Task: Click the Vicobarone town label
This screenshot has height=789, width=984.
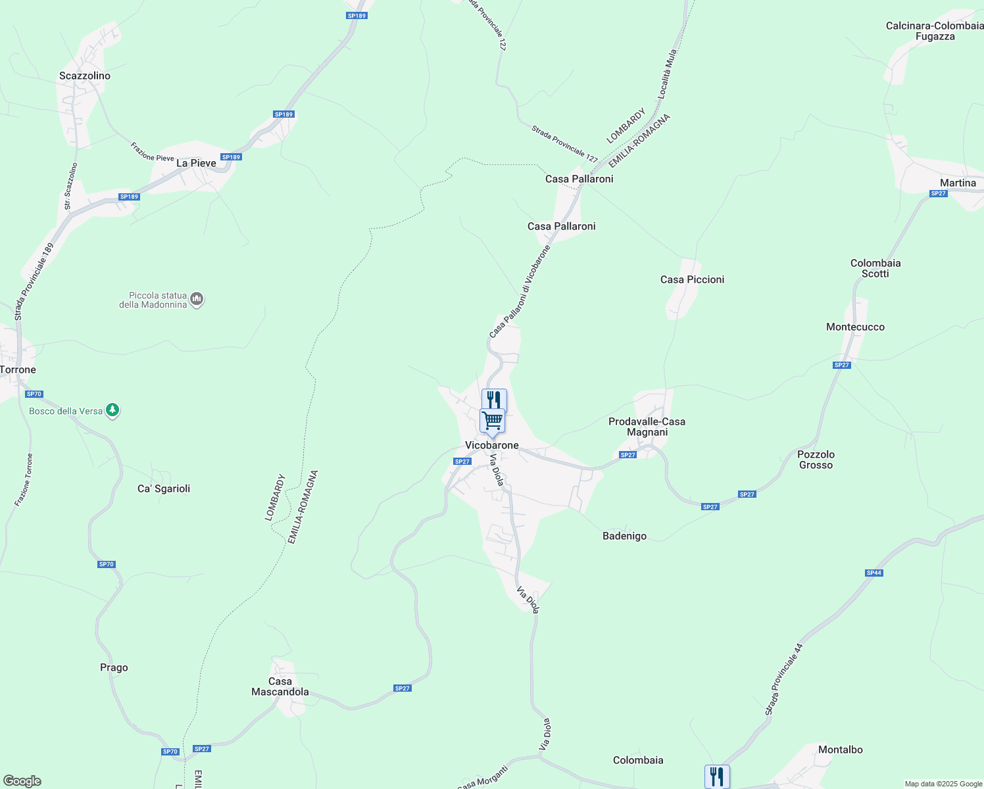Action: (491, 445)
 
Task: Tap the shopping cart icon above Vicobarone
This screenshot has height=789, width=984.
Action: (492, 421)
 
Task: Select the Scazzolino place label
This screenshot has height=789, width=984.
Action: (85, 76)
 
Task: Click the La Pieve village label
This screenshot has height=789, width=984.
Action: (196, 163)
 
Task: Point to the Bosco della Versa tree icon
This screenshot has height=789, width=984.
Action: (112, 411)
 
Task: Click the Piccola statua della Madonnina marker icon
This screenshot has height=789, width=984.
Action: (196, 300)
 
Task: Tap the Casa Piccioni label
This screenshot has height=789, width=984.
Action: (692, 279)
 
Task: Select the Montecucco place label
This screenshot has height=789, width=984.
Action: (855, 327)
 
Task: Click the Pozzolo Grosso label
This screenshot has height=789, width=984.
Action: (816, 460)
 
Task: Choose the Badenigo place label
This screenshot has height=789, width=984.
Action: (624, 536)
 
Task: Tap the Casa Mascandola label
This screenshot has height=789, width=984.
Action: (280, 686)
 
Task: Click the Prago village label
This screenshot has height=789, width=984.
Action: (114, 667)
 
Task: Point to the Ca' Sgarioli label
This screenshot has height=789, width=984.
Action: (164, 489)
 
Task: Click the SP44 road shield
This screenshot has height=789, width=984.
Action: (873, 573)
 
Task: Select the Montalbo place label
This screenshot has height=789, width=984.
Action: (840, 750)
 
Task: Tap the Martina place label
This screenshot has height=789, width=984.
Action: (958, 183)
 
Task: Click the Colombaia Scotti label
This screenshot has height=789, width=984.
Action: (875, 268)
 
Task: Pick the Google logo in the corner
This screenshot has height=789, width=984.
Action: (22, 781)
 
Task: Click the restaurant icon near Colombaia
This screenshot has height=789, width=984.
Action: (717, 777)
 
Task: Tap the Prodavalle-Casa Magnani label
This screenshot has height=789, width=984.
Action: (647, 427)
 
